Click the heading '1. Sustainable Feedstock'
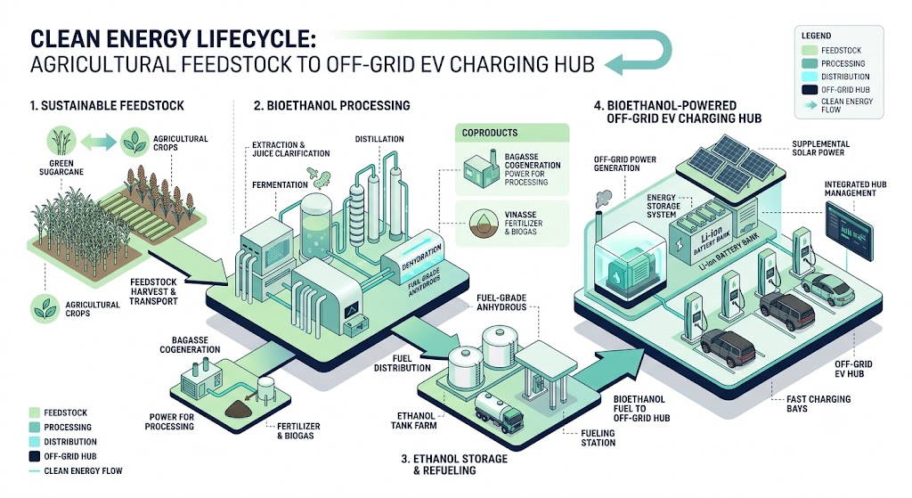tap(107, 106)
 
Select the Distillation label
tap(379, 139)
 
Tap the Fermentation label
tap(280, 185)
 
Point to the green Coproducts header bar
tap(512, 133)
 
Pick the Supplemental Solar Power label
tap(820, 149)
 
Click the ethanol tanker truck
tap(499, 412)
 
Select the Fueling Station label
tap(598, 437)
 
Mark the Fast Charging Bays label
tap(818, 404)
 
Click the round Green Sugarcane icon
tap(61, 141)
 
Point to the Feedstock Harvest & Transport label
tap(153, 291)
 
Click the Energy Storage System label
tap(663, 206)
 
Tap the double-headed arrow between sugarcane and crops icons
tap(98, 142)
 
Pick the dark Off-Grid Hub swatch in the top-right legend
tap(810, 90)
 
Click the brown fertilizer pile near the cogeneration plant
tap(239, 409)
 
